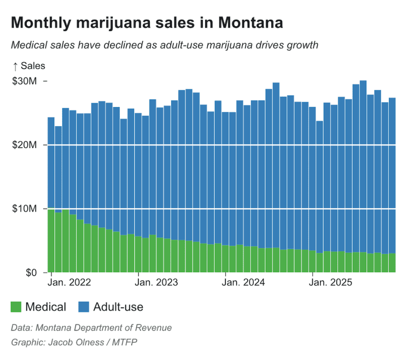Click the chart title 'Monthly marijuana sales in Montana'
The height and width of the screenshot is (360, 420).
(x=147, y=23)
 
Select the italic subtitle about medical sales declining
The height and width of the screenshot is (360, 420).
(x=165, y=45)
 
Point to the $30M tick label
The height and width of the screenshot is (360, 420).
(x=24, y=81)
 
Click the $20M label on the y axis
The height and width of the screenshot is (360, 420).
(x=24, y=145)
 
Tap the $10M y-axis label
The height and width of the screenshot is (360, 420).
(x=24, y=209)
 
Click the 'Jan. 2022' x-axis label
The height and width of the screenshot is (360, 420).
(x=69, y=283)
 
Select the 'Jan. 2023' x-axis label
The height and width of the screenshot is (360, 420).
(x=156, y=283)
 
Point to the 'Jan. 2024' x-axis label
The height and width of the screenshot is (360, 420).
(x=243, y=283)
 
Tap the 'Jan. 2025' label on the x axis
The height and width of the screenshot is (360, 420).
(x=331, y=283)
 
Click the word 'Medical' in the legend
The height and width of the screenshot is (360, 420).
(x=45, y=307)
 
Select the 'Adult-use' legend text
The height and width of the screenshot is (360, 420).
(x=118, y=307)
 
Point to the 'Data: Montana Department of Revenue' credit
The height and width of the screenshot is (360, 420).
(x=91, y=328)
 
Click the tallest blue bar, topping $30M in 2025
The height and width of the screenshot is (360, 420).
(x=363, y=164)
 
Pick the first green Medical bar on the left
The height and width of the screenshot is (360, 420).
(x=51, y=240)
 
